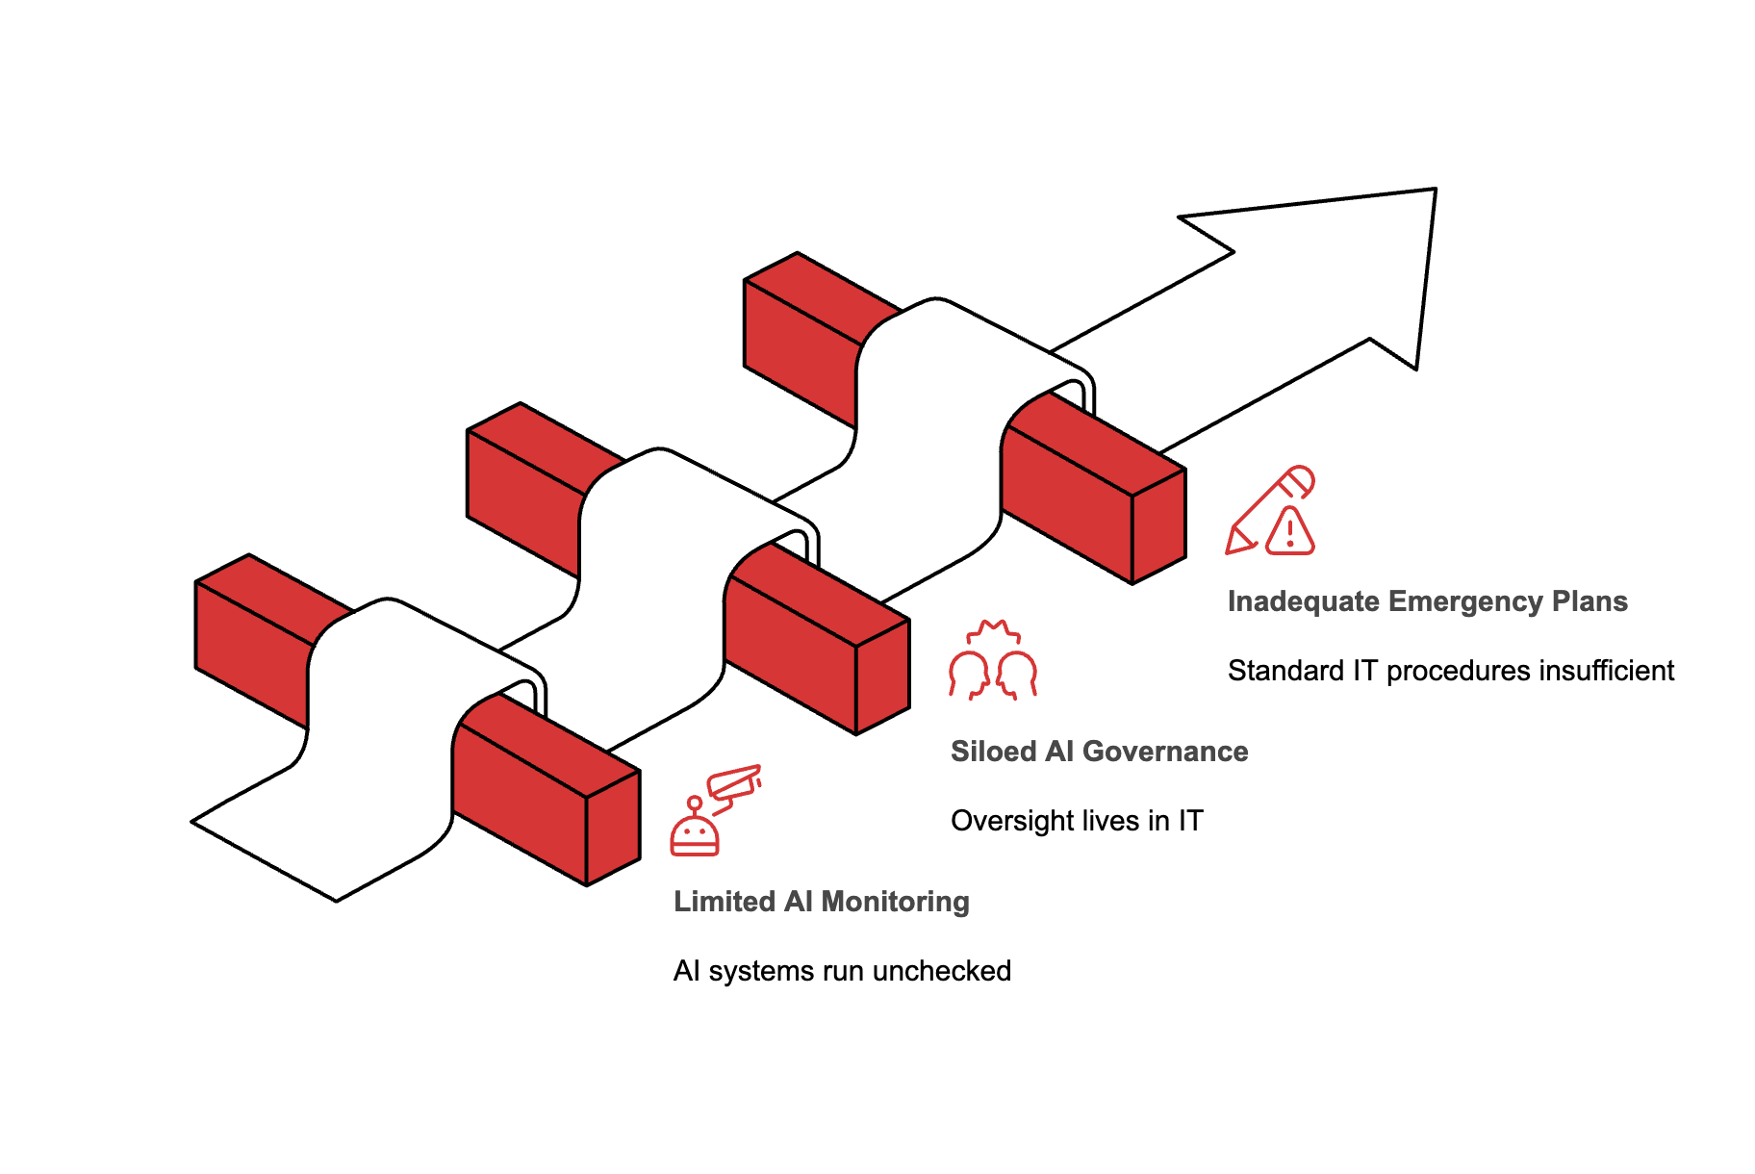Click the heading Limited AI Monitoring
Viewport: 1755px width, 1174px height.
pos(821,902)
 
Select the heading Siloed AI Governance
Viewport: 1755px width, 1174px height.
pos(1099,752)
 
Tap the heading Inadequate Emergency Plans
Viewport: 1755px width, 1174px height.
pos(1427,601)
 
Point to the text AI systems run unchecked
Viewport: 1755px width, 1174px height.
pos(842,971)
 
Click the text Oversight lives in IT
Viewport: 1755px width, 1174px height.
pos(1077,821)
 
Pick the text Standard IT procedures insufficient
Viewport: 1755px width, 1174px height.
pos(1450,671)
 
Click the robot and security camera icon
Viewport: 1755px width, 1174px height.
pos(715,810)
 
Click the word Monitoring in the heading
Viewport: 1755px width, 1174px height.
pos(895,902)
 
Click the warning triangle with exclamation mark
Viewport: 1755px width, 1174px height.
pos(1289,532)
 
